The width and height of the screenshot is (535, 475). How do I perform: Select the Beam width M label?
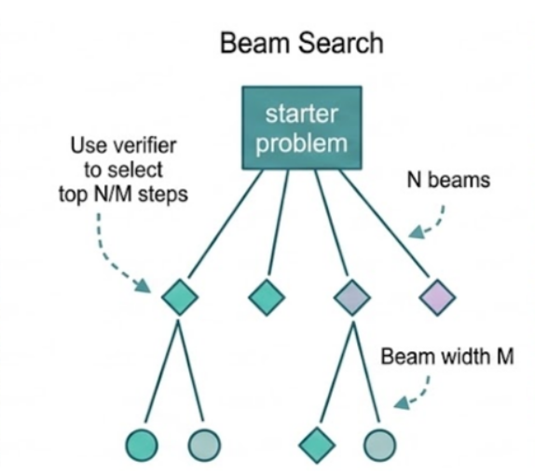tap(446, 357)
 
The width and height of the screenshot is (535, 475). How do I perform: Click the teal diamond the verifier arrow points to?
tap(179, 298)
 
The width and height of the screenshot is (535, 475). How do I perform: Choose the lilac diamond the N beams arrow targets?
tap(437, 298)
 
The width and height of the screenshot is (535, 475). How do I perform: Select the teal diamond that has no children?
tap(266, 298)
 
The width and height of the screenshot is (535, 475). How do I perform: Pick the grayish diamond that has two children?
tap(351, 298)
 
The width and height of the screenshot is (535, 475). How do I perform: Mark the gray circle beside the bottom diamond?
tap(380, 442)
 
